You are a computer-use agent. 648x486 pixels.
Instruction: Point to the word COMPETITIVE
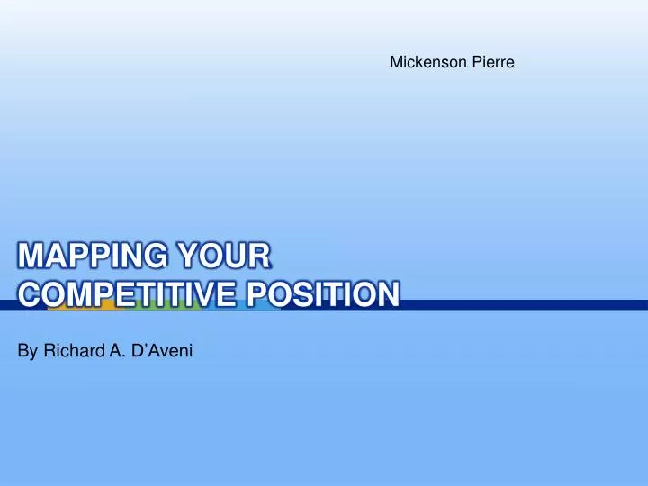coord(120,295)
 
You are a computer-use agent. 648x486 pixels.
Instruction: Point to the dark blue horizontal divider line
coord(540,304)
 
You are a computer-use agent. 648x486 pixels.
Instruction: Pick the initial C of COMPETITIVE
coord(29,295)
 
